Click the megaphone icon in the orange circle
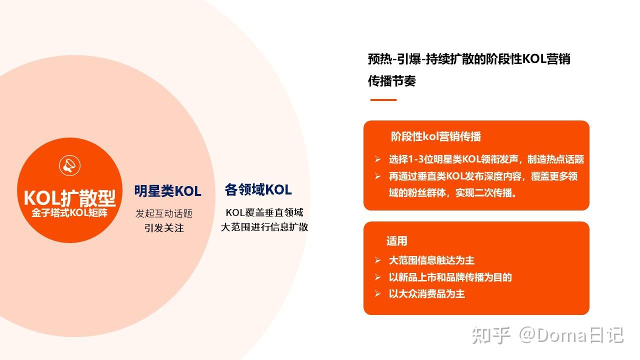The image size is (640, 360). click(70, 165)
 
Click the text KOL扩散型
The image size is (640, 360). click(70, 198)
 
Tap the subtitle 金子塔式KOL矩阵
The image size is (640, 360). click(70, 212)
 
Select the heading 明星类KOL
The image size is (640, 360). click(167, 191)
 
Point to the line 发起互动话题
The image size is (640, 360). click(164, 213)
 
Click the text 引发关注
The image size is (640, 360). click(164, 228)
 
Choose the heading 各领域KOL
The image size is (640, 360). click(258, 190)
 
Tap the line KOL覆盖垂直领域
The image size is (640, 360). click(264, 212)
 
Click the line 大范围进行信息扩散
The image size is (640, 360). click(264, 227)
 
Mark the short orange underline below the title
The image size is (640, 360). click(383, 100)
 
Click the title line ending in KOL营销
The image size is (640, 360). click(469, 59)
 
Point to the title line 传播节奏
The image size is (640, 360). click(392, 81)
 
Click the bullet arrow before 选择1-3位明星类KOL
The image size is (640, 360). click(378, 159)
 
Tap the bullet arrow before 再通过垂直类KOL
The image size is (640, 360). click(378, 176)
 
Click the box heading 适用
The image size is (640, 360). click(396, 241)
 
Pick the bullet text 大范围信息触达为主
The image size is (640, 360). click(431, 260)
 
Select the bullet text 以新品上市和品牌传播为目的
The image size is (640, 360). click(450, 277)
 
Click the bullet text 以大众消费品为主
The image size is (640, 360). click(426, 293)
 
